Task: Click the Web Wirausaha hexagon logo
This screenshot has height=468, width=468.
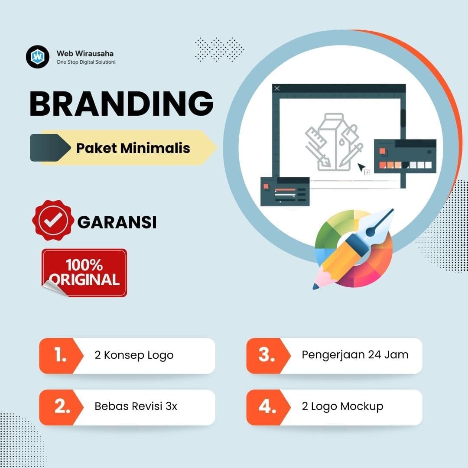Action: click(x=38, y=57)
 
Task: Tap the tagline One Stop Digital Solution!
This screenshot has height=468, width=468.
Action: click(x=86, y=62)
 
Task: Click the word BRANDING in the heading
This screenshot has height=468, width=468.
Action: click(x=121, y=104)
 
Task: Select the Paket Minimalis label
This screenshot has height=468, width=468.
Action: click(x=133, y=148)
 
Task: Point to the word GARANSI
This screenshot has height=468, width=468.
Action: click(x=117, y=222)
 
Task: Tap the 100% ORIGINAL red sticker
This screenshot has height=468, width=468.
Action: click(x=84, y=272)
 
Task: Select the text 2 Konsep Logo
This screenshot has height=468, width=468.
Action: click(x=134, y=355)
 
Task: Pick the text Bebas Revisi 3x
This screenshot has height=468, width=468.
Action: click(x=136, y=406)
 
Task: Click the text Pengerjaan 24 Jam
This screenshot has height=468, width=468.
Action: click(x=355, y=355)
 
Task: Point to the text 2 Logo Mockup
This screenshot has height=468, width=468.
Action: click(x=342, y=406)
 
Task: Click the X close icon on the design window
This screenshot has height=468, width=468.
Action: click(x=277, y=88)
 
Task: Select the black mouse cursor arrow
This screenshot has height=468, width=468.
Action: click(x=361, y=167)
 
